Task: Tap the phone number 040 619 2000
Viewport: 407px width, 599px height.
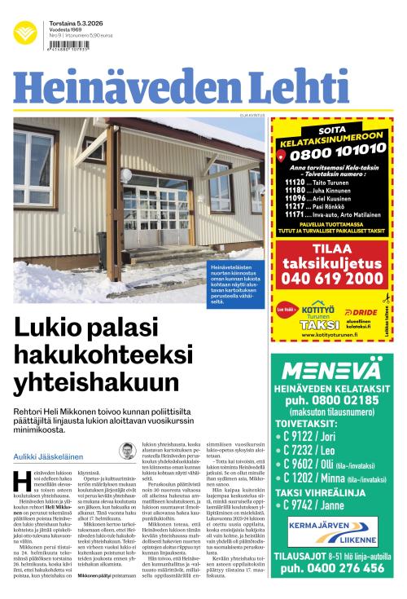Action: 335,279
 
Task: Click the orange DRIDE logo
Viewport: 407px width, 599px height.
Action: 361,312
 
